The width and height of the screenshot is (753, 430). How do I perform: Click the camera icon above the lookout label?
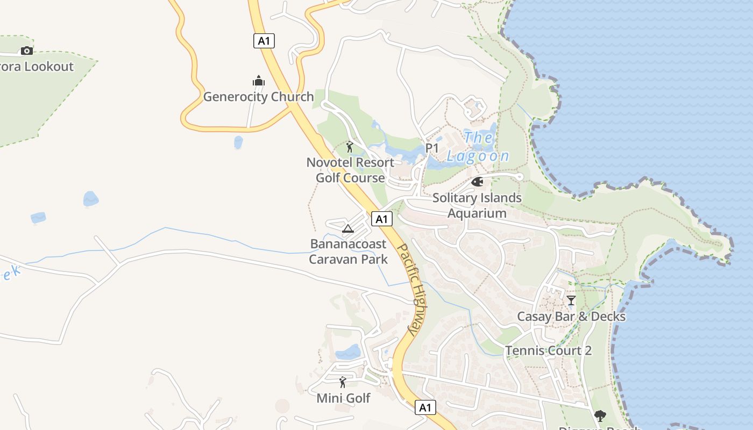[x=26, y=51]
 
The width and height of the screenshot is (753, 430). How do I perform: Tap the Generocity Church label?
[x=258, y=97]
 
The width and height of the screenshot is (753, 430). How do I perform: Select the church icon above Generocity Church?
[x=259, y=81]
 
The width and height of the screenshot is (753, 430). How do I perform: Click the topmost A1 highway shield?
[x=264, y=41]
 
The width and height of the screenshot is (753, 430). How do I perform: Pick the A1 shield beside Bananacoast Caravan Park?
[x=381, y=219]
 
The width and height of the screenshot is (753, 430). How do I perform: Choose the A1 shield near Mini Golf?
[x=425, y=407]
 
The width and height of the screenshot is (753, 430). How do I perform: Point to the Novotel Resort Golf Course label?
[x=350, y=170]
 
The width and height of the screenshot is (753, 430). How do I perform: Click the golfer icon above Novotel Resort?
[x=350, y=147]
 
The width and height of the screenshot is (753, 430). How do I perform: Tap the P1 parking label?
[x=432, y=148]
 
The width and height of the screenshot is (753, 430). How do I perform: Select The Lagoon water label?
[x=478, y=147]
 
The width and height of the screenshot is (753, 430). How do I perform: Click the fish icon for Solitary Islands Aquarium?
[x=477, y=182]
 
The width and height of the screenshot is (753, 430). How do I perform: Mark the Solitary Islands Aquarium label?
[x=477, y=205]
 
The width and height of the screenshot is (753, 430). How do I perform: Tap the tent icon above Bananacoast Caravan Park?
[x=348, y=229]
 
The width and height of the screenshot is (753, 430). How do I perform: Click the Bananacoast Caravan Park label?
[x=348, y=252]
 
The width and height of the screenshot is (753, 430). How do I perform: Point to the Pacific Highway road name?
[x=411, y=290]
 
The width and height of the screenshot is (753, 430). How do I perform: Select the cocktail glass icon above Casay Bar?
[x=571, y=300]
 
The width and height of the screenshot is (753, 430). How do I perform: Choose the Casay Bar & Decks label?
[x=571, y=316]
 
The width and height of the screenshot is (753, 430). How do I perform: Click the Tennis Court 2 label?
[x=548, y=351]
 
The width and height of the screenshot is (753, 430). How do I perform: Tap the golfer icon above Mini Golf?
[x=343, y=382]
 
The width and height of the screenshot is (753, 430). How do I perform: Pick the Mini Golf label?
[x=343, y=398]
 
